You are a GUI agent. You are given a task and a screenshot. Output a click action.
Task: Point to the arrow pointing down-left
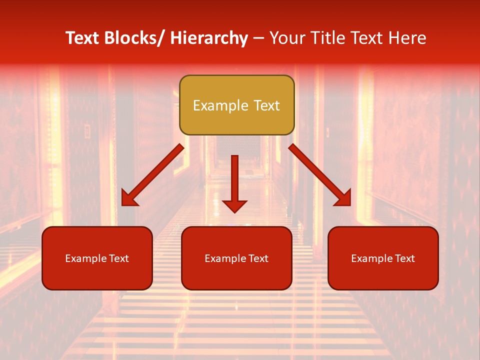point(153,174)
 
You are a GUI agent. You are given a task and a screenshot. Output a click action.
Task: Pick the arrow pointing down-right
point(319,174)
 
